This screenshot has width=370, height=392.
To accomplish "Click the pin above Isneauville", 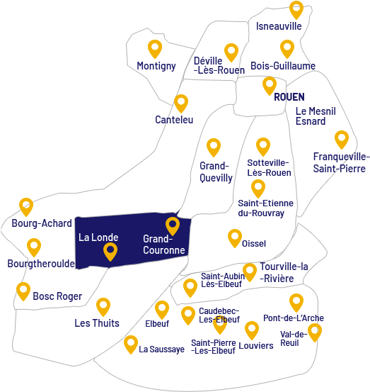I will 296,9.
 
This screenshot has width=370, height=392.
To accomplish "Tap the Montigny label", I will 156,66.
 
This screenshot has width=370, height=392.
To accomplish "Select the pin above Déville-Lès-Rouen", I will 231,51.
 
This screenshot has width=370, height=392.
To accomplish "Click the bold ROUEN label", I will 289,97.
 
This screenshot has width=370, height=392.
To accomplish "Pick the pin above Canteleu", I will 181,103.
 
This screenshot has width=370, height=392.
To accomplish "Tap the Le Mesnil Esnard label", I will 316,116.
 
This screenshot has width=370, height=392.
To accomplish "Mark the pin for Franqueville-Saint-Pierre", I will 342,139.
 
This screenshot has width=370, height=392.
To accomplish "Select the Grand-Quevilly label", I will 216,172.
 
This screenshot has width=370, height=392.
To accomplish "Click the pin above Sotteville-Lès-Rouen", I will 263,146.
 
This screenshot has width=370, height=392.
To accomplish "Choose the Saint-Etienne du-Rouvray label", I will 265,208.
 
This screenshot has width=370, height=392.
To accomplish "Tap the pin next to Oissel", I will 235,237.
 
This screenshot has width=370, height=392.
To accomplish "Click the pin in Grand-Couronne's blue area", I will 173,225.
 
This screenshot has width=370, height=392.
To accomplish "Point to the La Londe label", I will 98,237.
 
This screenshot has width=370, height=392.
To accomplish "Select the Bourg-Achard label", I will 42,223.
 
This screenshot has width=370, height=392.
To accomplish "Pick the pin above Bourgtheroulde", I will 34,247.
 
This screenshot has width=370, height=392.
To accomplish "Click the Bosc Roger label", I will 57,296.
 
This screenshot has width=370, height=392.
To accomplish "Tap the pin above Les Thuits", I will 103,306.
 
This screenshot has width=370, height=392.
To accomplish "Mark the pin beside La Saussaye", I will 131,344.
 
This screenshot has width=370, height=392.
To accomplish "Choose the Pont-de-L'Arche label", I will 293,318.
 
